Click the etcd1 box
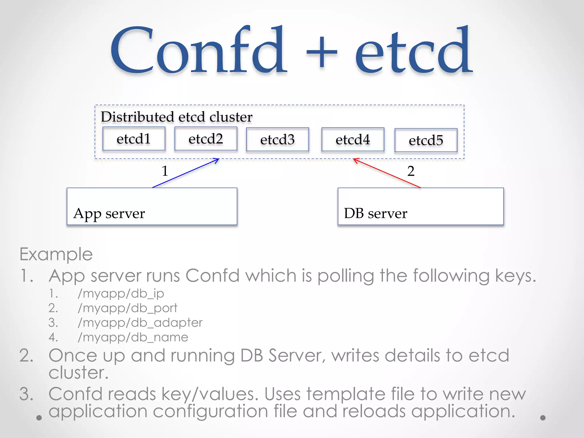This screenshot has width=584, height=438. [x=134, y=139]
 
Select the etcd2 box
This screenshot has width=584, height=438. [x=206, y=139]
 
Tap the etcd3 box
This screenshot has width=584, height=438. [x=277, y=139]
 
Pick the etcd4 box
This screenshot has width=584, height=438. [x=353, y=139]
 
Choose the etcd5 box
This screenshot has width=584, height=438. [x=426, y=140]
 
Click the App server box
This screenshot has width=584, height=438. [x=152, y=206]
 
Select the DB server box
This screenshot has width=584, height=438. [x=421, y=206]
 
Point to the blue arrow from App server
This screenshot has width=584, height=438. [x=185, y=173]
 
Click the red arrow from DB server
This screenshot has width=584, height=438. [x=387, y=173]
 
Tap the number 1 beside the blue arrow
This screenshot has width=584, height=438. [x=165, y=171]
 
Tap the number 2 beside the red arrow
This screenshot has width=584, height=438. [x=411, y=171]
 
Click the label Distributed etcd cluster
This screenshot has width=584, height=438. [x=177, y=117]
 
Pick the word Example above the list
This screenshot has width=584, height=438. [x=56, y=254]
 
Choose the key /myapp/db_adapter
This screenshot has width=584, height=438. [x=140, y=323]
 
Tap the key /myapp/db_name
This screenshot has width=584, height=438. [x=133, y=337]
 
